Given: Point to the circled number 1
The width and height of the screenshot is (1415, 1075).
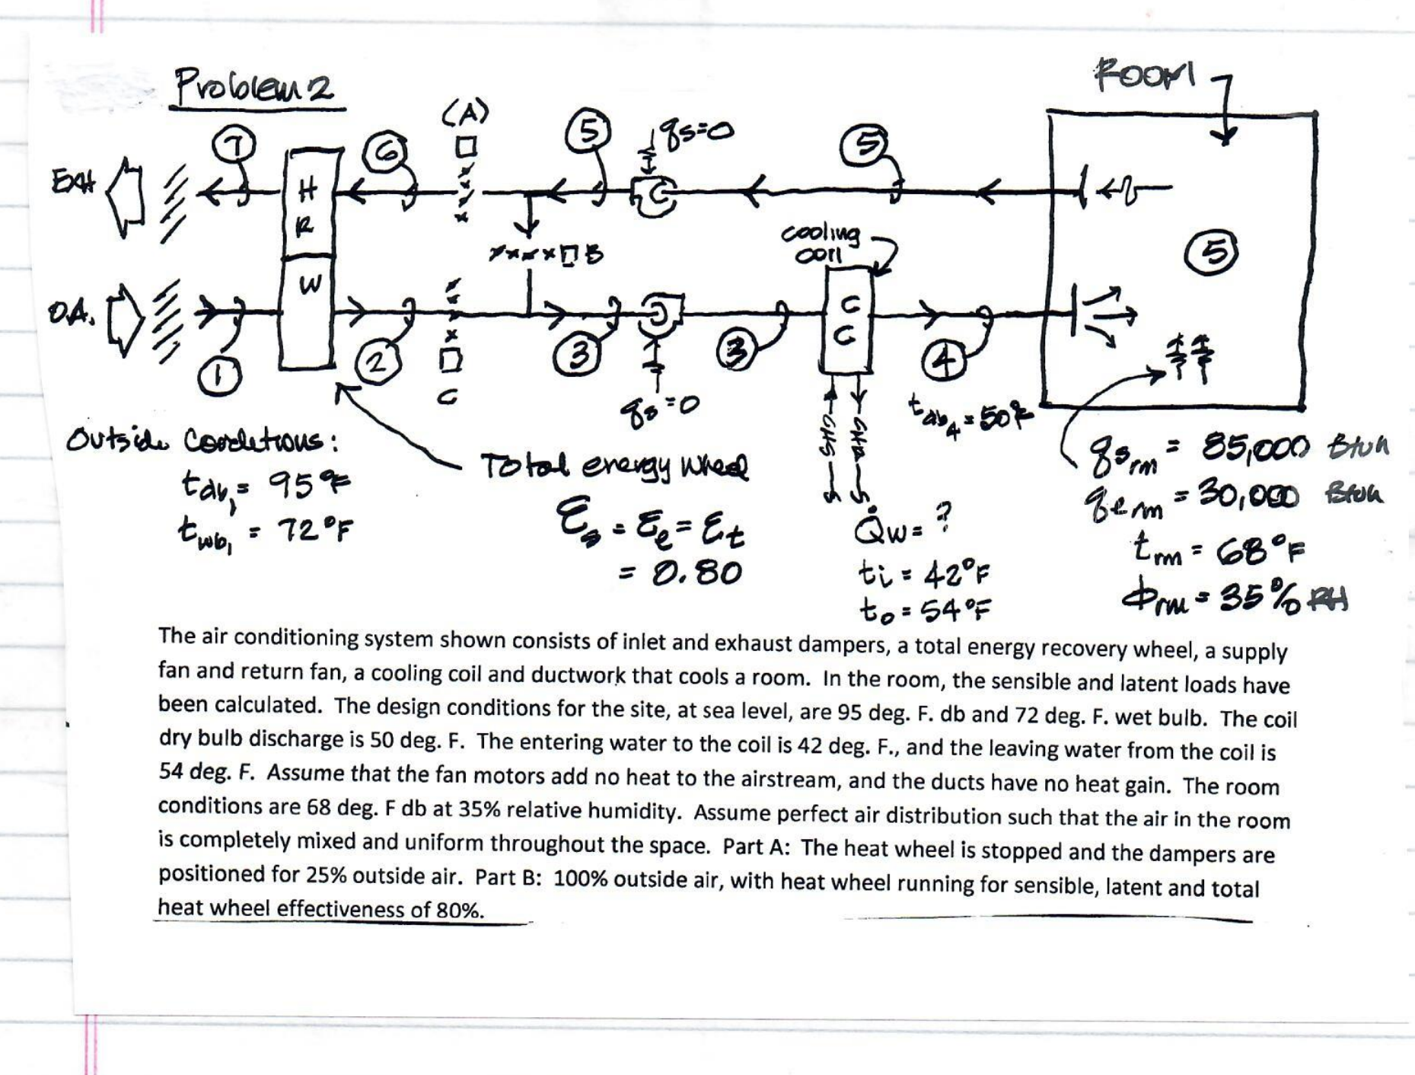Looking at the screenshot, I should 219,376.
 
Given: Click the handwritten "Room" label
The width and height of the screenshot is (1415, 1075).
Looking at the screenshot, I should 1143,75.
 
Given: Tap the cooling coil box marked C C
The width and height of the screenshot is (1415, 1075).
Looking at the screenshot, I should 847,320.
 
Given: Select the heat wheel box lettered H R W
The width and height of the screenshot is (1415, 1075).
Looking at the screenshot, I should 308,259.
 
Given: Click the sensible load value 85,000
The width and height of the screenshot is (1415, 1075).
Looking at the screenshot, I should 1255,448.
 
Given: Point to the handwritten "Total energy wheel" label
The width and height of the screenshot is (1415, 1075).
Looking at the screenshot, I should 613,466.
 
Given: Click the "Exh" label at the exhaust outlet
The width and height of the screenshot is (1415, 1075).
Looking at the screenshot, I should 74,182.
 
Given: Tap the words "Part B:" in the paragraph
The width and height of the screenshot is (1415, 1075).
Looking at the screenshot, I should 508,877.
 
